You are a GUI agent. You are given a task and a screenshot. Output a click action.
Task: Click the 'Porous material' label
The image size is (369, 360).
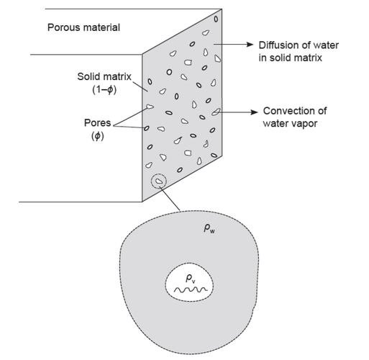[83, 27]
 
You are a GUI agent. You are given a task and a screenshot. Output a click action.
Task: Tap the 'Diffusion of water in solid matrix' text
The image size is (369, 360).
[299, 51]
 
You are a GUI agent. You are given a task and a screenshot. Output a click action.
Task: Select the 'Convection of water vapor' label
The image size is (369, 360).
[295, 117]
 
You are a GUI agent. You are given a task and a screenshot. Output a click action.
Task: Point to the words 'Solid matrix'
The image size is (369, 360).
[104, 76]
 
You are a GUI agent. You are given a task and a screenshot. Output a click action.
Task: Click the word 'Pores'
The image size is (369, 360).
[97, 123]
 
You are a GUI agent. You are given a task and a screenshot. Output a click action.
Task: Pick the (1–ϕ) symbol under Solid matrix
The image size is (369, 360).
[104, 90]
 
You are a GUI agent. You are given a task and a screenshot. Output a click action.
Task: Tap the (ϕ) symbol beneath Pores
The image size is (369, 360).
[98, 136]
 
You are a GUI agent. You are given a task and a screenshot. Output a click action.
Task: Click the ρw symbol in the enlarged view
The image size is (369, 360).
[209, 228]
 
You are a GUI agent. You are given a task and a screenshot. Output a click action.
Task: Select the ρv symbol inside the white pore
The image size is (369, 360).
[191, 279]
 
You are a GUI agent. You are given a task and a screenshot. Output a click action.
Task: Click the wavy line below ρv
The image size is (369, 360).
[191, 290]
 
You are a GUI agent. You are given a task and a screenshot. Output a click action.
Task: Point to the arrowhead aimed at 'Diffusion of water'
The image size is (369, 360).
[250, 45]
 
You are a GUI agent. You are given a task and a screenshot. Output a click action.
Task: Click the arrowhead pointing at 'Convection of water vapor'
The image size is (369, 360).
[255, 112]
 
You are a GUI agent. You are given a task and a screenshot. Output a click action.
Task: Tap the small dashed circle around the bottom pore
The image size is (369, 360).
[151, 181]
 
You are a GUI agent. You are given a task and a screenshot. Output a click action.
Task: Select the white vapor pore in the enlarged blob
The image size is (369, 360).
[189, 282]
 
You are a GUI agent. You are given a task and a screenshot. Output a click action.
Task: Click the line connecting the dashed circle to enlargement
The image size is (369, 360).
[170, 199]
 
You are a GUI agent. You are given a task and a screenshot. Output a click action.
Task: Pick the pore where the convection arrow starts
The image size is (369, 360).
[216, 112]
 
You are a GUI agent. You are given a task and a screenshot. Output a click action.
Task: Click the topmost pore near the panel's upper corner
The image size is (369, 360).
[216, 19]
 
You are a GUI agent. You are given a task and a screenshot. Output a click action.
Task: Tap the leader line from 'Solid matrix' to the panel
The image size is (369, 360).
[140, 86]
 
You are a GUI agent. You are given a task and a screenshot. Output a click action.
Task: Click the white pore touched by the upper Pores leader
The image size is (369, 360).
[150, 107]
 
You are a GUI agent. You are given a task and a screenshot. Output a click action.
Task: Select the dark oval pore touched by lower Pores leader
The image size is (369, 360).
[147, 128]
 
